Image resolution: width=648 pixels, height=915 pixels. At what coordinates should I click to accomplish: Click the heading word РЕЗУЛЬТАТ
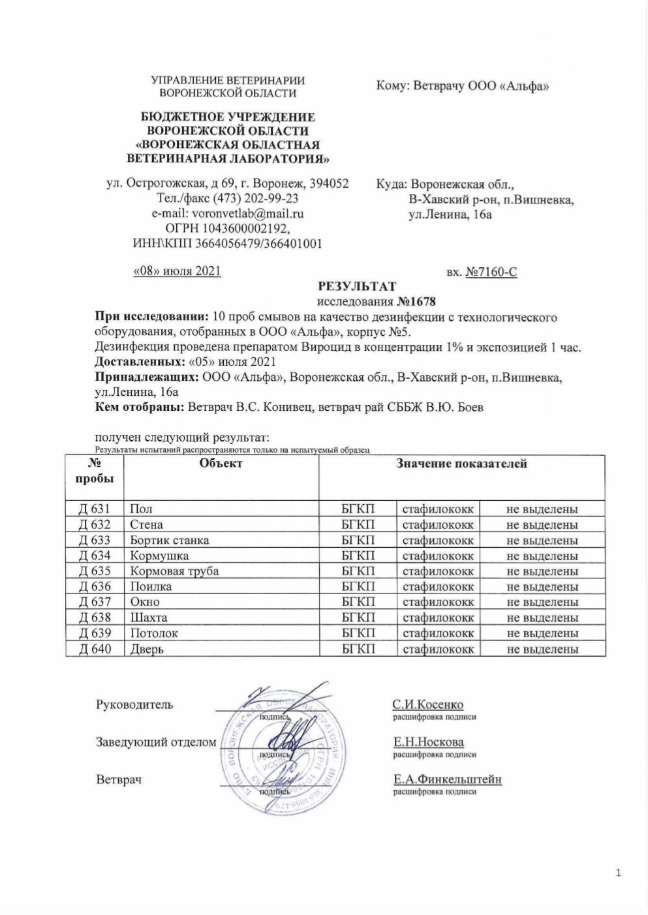(x=356, y=286)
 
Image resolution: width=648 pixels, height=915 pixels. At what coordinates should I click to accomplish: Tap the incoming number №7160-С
(x=491, y=272)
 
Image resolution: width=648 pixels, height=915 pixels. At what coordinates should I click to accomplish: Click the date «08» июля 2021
(x=177, y=270)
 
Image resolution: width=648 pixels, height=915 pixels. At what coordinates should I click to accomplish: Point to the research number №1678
(x=416, y=302)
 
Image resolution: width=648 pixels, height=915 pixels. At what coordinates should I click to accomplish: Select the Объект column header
(x=221, y=463)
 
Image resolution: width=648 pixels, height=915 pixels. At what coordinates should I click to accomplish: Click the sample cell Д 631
(x=95, y=509)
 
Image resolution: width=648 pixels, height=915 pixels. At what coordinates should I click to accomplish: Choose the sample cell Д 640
(x=95, y=648)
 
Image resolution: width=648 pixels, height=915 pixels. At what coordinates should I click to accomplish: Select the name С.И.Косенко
(x=427, y=705)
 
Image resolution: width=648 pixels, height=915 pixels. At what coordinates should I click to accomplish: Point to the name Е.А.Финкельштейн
(x=446, y=779)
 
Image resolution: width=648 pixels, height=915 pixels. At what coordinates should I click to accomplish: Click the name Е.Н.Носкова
(x=428, y=742)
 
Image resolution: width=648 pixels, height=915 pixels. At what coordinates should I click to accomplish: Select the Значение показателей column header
(x=461, y=463)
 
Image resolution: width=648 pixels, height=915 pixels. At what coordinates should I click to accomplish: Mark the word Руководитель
(x=134, y=704)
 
